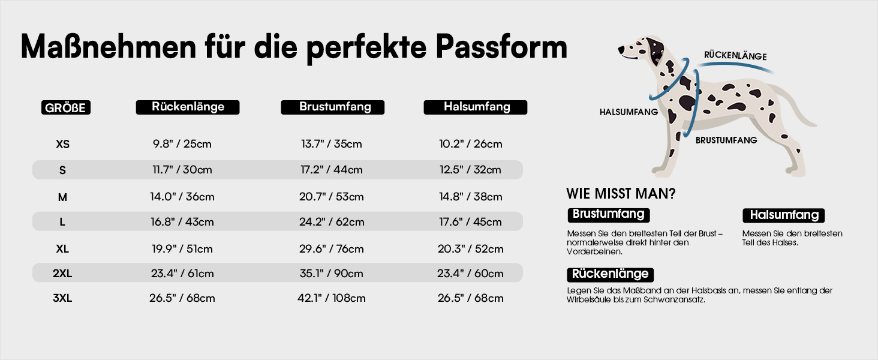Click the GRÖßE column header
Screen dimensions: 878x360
point(66,107)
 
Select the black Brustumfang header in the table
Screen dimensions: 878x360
point(332,107)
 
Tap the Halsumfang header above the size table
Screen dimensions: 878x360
point(476,107)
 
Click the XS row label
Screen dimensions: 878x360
point(63,145)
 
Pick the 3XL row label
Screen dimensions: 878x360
point(62,298)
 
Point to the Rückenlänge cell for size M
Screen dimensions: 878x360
point(182,196)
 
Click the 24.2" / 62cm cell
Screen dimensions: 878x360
point(332,222)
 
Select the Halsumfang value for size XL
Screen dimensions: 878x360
point(470,249)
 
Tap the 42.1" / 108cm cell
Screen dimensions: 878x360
point(332,298)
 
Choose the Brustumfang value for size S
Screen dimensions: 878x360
point(332,170)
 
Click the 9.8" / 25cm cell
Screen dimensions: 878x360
point(182,144)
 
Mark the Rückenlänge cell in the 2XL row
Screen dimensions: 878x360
point(182,274)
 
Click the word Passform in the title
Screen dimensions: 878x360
point(501,47)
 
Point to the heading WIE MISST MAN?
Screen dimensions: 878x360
point(621,194)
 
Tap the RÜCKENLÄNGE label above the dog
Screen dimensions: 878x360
point(735,56)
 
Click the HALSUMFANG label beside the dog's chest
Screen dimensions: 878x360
point(629,112)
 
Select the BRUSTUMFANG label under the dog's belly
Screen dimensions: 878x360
point(726,140)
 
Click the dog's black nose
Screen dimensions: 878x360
point(621,50)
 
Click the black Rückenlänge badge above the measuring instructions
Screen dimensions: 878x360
point(611,275)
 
